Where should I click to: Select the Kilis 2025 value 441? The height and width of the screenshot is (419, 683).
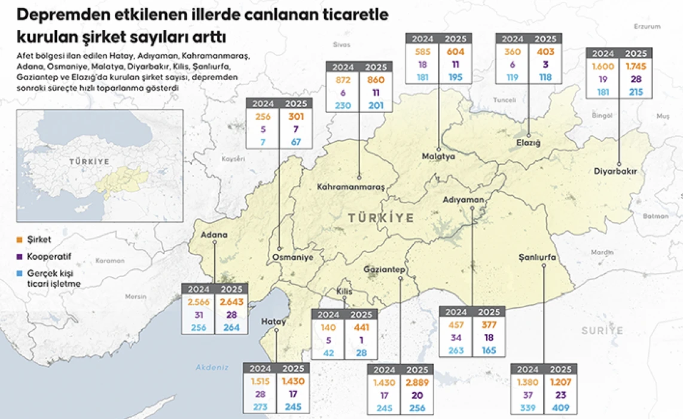pyautogui.click(x=361, y=327)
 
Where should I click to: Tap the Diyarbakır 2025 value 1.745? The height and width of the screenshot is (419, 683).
pyautogui.click(x=635, y=66)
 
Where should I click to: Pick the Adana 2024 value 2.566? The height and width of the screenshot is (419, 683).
pyautogui.click(x=197, y=302)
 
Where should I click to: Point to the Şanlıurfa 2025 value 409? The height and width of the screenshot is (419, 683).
pyautogui.click(x=560, y=409)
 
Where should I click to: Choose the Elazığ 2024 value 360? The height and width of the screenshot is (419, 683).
pyautogui.click(x=513, y=52)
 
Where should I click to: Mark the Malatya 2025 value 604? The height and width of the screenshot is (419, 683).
pyautogui.click(x=455, y=52)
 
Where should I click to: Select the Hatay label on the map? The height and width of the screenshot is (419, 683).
pyautogui.click(x=274, y=321)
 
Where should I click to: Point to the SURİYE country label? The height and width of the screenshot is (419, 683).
pyautogui.click(x=602, y=330)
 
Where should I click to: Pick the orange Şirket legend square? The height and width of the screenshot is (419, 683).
pyautogui.click(x=20, y=239)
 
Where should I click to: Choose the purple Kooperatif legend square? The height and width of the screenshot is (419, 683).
pyautogui.click(x=20, y=257)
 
